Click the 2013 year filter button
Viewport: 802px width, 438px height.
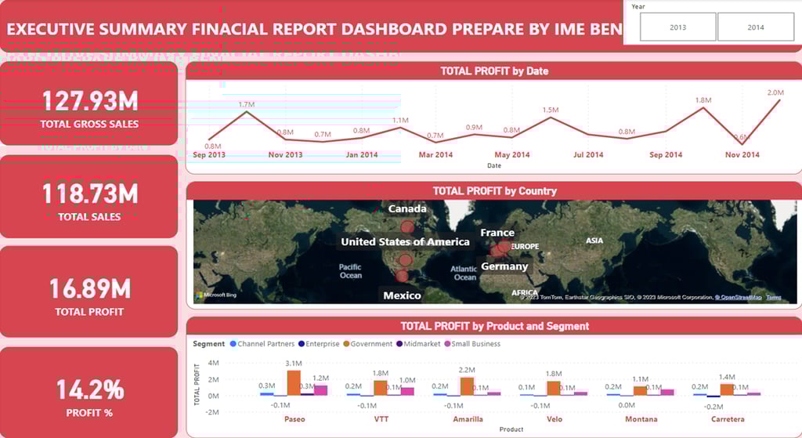point(677,27)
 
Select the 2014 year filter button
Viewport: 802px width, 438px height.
point(755,27)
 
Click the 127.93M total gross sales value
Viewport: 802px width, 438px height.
point(89,101)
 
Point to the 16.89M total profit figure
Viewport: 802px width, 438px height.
point(89,289)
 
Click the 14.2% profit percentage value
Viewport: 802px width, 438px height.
point(89,389)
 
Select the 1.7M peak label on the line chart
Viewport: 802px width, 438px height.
point(247,104)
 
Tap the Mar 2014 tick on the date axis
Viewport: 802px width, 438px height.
point(436,155)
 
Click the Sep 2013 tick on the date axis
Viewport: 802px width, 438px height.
point(209,155)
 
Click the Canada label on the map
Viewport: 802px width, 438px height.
point(407,209)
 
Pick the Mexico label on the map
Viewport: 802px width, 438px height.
point(402,295)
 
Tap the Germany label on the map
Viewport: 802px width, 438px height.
point(504,266)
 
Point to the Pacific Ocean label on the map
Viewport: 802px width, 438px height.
point(350,271)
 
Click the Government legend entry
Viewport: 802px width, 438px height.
point(370,344)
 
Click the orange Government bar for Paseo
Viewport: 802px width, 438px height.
point(294,382)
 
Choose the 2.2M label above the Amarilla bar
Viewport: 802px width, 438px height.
point(467,370)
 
